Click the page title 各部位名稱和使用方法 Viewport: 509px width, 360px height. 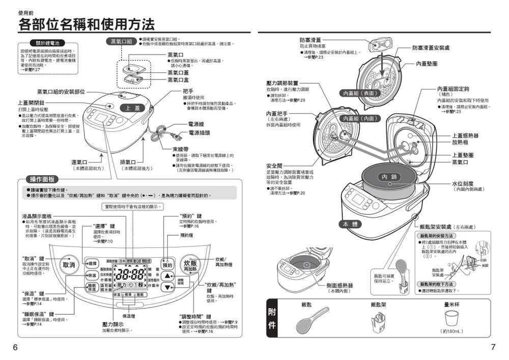click(87, 23)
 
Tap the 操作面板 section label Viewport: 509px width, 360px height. click(43, 179)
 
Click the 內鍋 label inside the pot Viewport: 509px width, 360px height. click(391, 176)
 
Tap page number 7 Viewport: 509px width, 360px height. click(493, 347)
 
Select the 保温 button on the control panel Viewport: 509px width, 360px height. click(92, 275)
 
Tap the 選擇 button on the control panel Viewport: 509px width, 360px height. click(92, 263)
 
